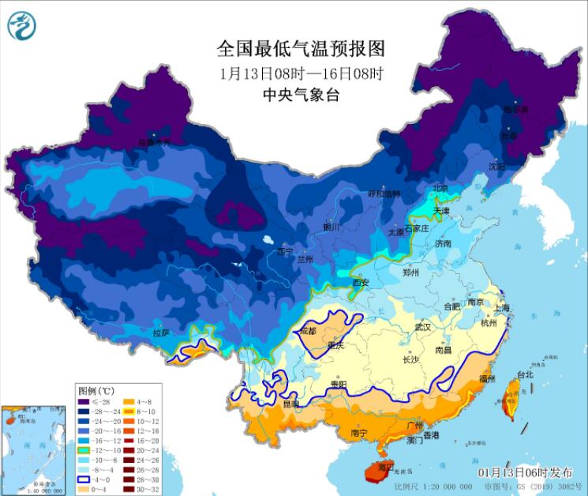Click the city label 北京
coord(440,188)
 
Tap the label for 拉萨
coord(162,334)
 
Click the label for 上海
coord(503,308)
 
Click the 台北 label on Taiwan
coord(525,374)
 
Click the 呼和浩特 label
coord(385,194)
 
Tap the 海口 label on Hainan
coord(384,468)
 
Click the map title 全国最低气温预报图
coord(301,49)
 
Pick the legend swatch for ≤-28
coord(85,403)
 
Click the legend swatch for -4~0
coord(85,478)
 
